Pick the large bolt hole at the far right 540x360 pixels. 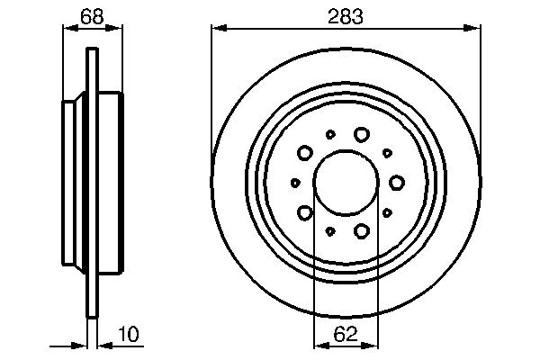tap(397, 183)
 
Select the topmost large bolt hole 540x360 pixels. tap(361, 134)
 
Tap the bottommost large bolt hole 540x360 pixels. tap(361, 231)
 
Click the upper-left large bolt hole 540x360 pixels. tap(304, 153)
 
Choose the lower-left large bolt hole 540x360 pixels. tap(304, 212)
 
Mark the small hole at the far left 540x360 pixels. tap(295, 183)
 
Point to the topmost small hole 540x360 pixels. tap(330, 134)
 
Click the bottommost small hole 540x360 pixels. tap(330, 231)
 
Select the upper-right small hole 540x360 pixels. tap(386, 153)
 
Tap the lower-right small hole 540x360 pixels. tap(386, 212)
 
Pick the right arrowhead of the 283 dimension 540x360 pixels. tap(476, 29)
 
